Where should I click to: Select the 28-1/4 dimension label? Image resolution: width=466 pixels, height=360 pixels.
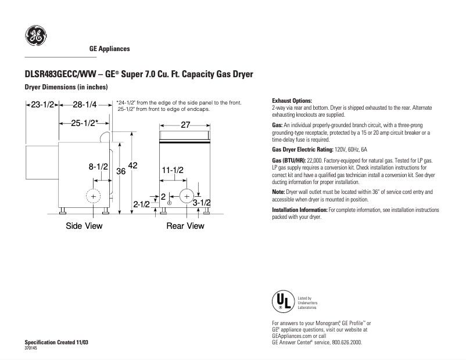tap(85, 105)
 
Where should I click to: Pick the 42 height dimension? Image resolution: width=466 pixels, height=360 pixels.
tap(132, 165)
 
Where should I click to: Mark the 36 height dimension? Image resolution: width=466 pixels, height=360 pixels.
tap(121, 171)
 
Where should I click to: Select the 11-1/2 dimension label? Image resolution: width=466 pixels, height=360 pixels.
tap(173, 170)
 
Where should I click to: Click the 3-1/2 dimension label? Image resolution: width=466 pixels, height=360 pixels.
tap(201, 203)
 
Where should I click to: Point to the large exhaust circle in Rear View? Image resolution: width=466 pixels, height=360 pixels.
tap(187, 196)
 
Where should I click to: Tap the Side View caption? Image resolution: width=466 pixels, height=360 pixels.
tap(84, 226)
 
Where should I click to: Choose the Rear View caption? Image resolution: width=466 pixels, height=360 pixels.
tap(185, 226)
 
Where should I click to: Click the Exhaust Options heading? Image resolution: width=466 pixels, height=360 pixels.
tap(292, 101)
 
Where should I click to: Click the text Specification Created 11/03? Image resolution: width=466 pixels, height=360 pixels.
tap(56, 342)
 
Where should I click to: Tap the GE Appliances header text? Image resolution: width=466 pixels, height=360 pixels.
tap(109, 49)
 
